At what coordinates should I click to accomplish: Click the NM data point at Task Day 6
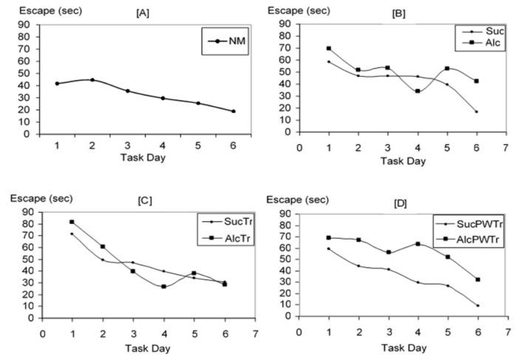pos(233,112)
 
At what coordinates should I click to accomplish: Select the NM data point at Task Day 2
pos(92,80)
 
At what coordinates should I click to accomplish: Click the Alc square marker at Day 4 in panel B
pos(397,92)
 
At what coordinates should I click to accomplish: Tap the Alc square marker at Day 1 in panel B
pos(328,49)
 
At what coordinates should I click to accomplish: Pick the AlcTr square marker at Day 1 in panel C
pos(71,222)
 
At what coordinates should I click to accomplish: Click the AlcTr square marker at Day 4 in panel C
pos(163,286)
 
